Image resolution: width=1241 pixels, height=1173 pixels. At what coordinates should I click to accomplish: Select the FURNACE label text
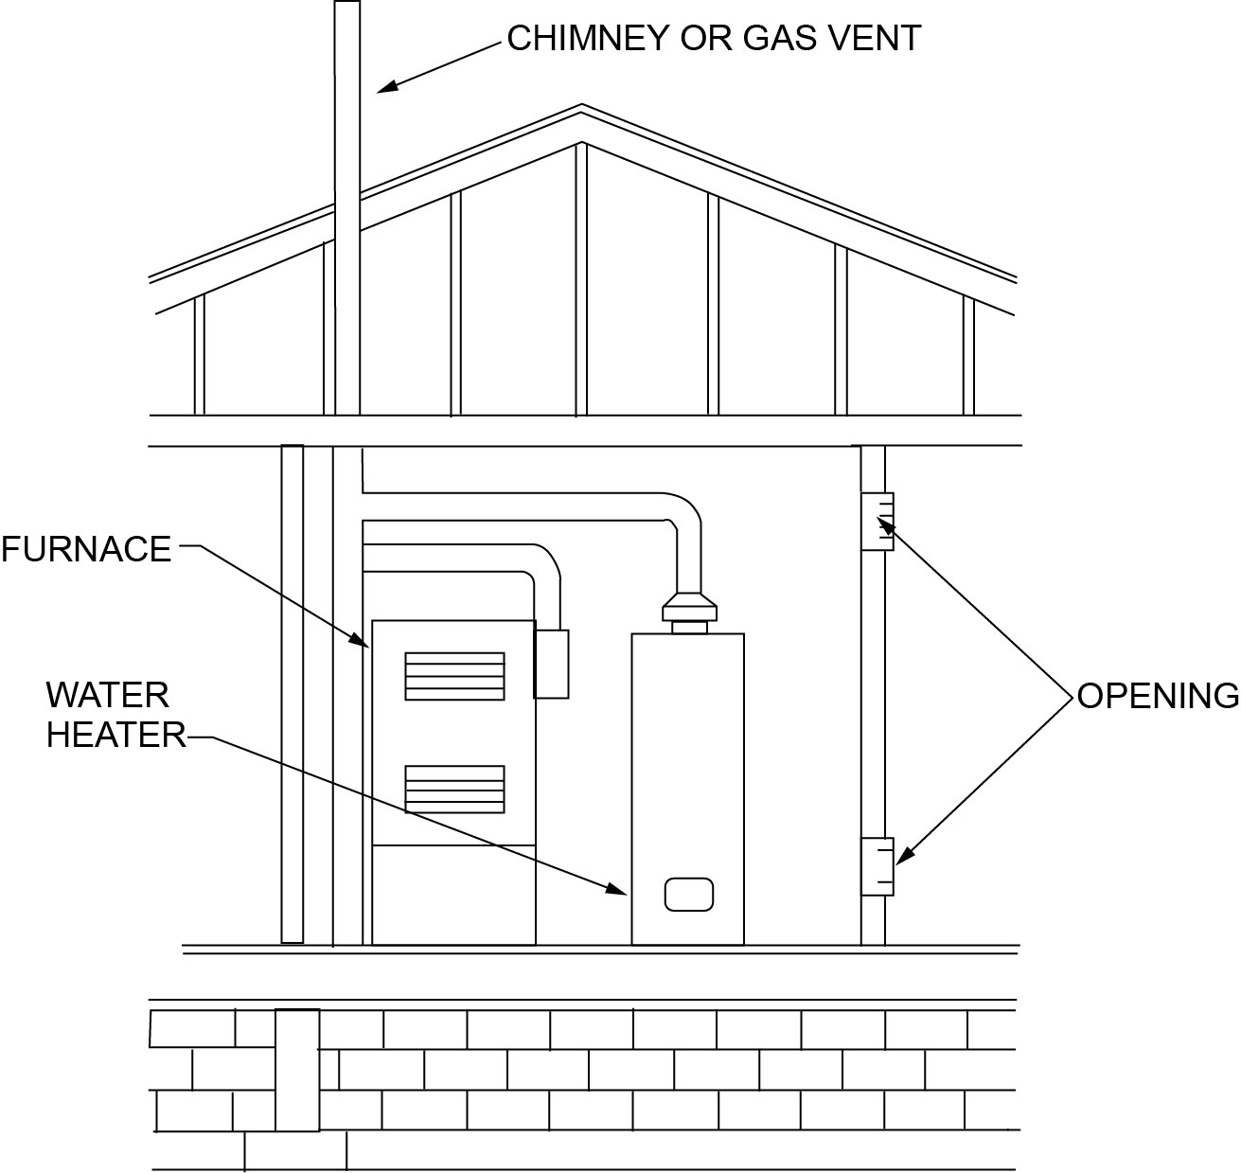point(86,550)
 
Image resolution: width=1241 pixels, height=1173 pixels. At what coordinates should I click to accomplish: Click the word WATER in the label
point(107,696)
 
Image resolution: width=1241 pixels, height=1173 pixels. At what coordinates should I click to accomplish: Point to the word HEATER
point(116,736)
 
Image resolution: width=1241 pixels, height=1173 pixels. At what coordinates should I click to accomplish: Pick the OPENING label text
point(1158,697)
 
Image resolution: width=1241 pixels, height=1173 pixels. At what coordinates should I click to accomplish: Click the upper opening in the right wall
point(877,522)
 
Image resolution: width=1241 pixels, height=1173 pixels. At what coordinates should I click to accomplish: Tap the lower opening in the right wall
point(877,866)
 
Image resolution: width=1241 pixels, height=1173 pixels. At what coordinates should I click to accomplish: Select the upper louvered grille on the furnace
point(454,676)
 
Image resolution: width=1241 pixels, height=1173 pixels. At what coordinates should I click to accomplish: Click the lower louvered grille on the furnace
point(454,789)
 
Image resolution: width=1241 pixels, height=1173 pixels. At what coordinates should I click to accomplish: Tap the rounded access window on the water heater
point(689,895)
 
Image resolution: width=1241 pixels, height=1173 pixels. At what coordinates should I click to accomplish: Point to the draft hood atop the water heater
point(688,605)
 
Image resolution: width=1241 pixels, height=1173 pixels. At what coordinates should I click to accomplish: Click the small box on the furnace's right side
point(551,664)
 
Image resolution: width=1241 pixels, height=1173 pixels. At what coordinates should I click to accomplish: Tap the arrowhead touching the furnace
point(362,641)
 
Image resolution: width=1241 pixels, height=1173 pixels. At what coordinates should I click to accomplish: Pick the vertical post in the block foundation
point(297,1070)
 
